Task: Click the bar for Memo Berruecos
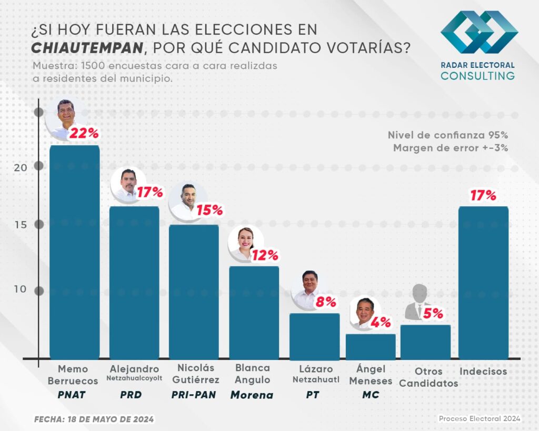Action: [x=74, y=253]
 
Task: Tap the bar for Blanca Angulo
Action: [x=254, y=313]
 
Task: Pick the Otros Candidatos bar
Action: [x=425, y=342]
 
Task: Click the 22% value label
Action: [x=84, y=134]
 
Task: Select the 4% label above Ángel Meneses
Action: [x=381, y=322]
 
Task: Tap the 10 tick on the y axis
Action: [x=20, y=290]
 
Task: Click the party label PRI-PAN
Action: [x=193, y=395]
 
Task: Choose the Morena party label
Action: [x=253, y=395]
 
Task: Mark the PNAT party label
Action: [x=74, y=395]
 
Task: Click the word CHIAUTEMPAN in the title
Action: [x=87, y=48]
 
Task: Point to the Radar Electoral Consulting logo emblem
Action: [x=479, y=33]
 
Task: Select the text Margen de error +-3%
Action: [x=450, y=148]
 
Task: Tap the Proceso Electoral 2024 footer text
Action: [x=479, y=418]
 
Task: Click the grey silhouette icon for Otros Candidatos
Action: [x=419, y=303]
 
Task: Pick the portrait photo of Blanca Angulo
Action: [x=245, y=243]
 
